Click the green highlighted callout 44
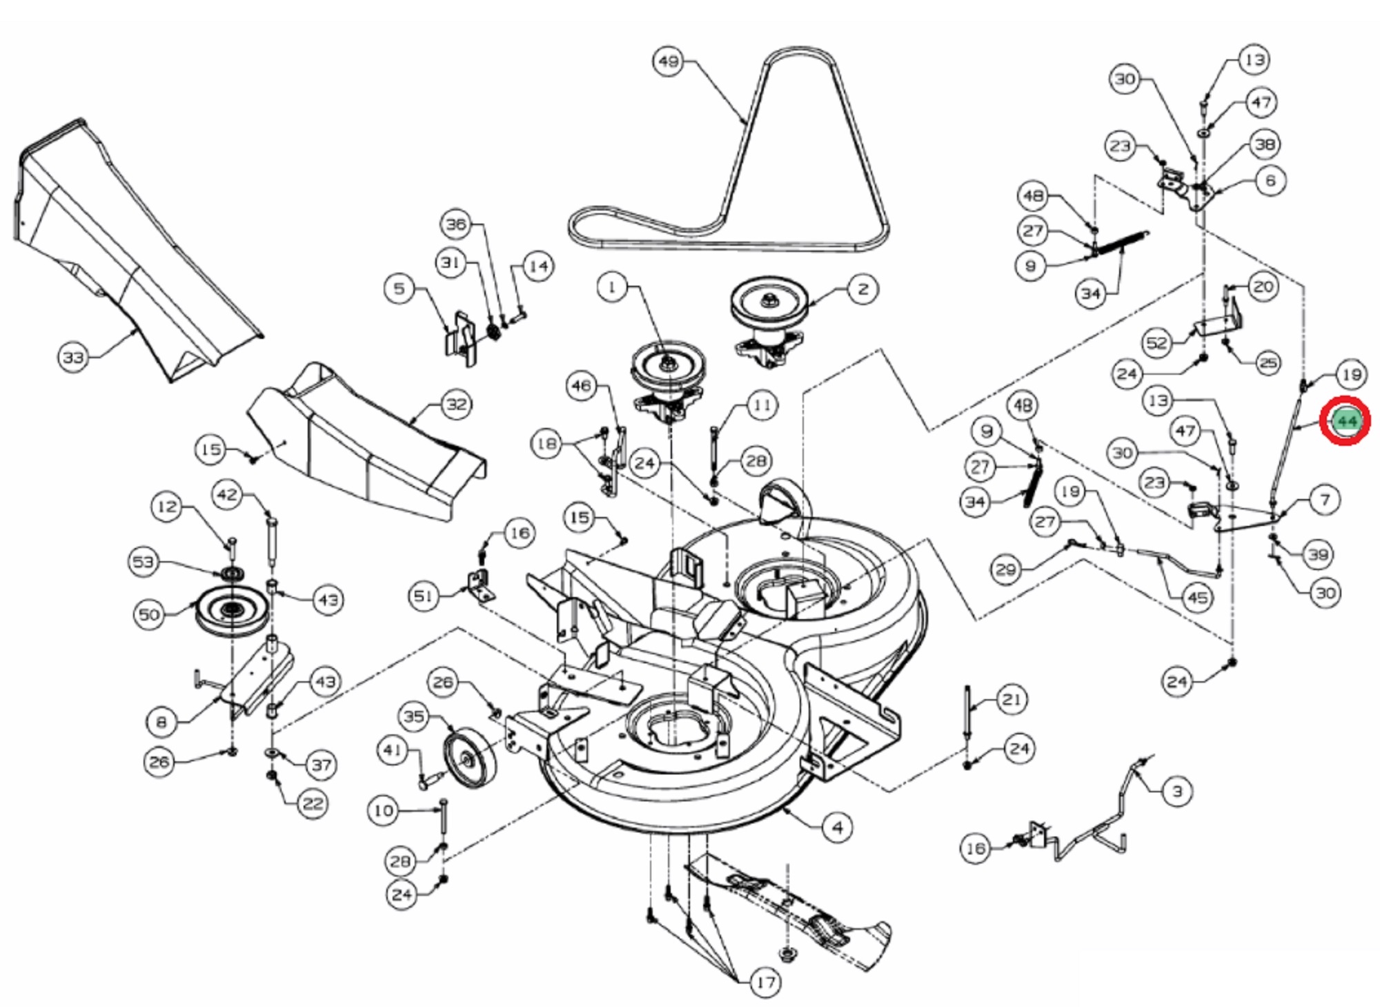(x=1345, y=421)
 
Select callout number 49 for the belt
(x=668, y=61)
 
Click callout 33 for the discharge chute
(x=72, y=358)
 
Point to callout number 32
(x=456, y=404)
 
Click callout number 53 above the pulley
(x=143, y=562)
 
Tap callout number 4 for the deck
(x=837, y=828)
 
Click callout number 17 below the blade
(x=765, y=982)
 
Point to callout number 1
(x=611, y=286)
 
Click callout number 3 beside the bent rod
(x=1177, y=792)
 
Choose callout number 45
(x=1197, y=598)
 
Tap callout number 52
(x=1156, y=343)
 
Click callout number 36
(x=456, y=224)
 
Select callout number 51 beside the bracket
(x=424, y=596)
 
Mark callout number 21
(x=1012, y=700)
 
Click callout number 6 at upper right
(x=1270, y=181)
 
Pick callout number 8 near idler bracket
(x=161, y=722)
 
